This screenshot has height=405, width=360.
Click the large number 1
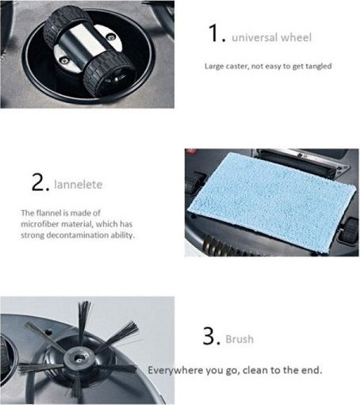(x=213, y=33)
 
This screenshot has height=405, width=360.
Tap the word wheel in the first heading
(x=296, y=37)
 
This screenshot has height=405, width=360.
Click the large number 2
(x=38, y=181)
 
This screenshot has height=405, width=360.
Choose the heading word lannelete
(x=78, y=184)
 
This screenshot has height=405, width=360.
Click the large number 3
(x=209, y=336)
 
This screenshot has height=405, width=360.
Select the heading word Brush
(x=239, y=339)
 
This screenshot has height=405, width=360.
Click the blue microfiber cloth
(x=271, y=202)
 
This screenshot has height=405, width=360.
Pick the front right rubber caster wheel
(x=109, y=74)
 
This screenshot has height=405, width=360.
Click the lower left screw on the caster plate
(x=63, y=61)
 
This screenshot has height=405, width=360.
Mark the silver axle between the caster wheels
(x=82, y=45)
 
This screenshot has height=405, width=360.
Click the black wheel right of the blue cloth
(x=350, y=230)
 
